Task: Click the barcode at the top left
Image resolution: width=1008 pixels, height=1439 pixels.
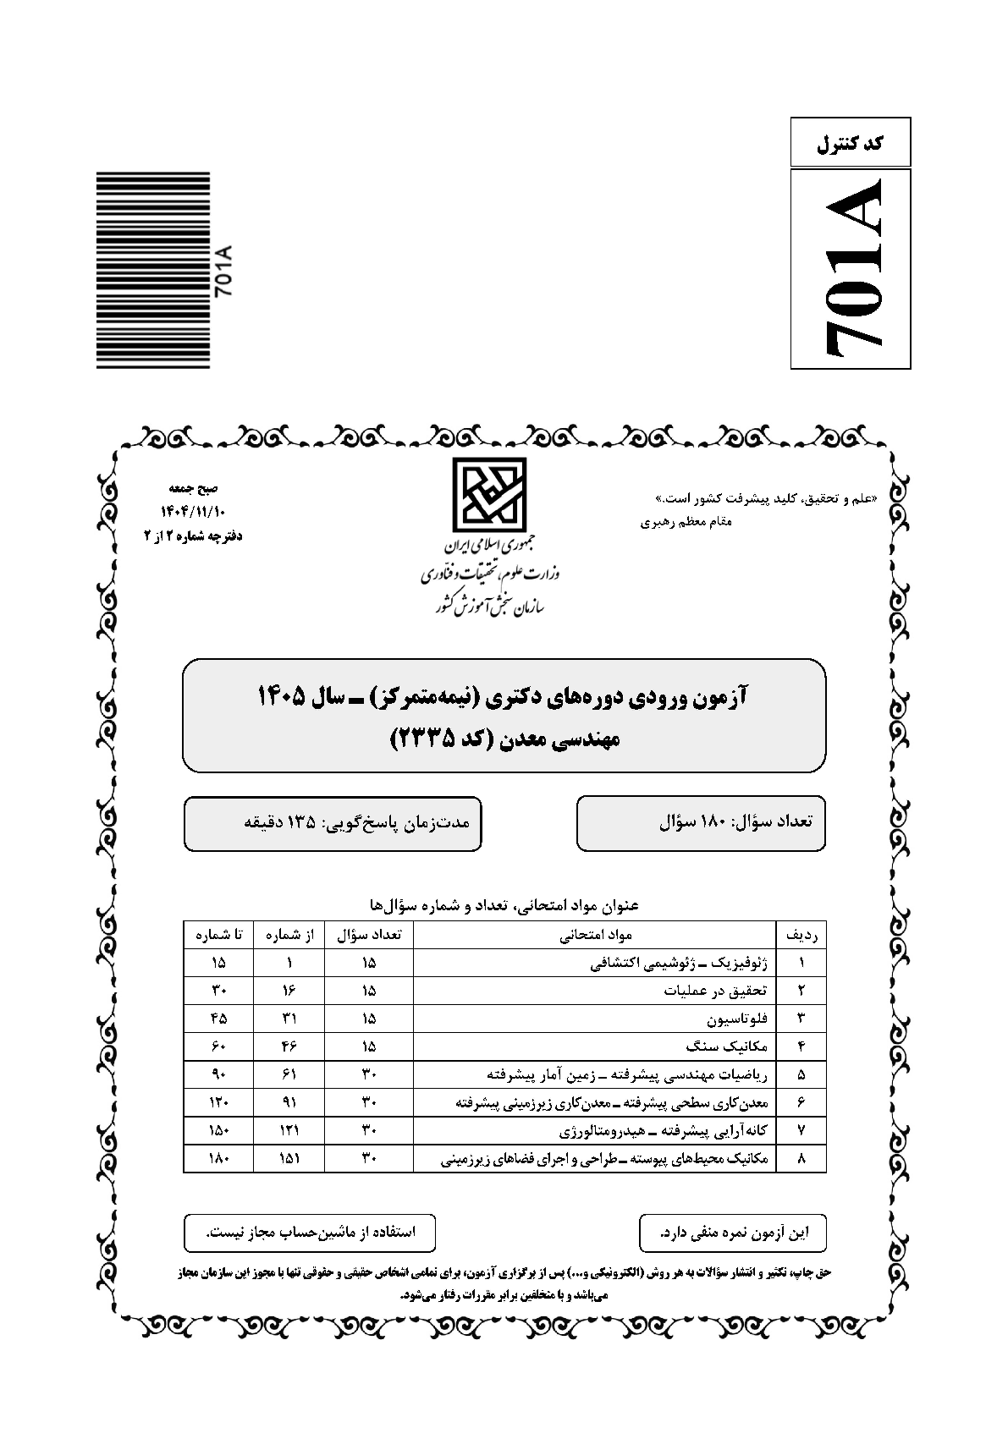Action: (x=152, y=270)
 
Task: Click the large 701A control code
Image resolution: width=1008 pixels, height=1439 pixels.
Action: (x=851, y=268)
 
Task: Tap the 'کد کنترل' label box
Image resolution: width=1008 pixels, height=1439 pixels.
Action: (x=851, y=143)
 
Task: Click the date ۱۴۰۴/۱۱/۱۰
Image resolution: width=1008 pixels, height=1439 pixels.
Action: (x=194, y=512)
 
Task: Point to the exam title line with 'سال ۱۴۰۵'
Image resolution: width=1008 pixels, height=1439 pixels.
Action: (x=504, y=696)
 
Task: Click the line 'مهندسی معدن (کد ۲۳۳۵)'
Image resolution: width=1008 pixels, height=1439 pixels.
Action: (x=504, y=739)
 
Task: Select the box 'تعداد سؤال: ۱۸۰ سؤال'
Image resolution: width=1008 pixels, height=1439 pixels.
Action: (x=701, y=822)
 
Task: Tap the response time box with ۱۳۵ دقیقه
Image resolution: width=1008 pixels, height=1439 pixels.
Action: (x=333, y=822)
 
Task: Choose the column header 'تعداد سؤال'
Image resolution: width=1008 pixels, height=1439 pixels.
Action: (x=369, y=935)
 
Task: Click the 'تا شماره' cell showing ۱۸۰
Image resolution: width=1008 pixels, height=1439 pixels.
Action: (x=218, y=1159)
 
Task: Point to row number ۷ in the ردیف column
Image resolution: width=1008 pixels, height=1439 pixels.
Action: (x=801, y=1131)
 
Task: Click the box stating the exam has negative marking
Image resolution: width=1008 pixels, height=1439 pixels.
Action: (x=733, y=1233)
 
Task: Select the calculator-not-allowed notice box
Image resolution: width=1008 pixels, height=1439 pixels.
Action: (x=311, y=1233)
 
